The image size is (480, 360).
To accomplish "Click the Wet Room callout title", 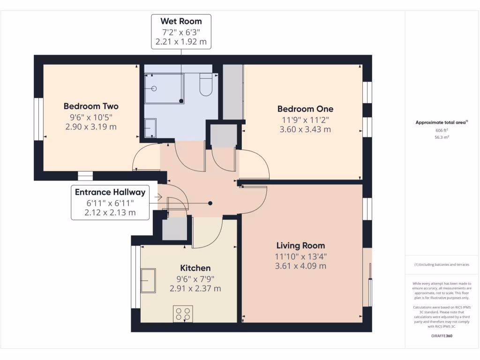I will tap(181, 21).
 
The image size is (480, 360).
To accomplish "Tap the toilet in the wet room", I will tap(206, 85).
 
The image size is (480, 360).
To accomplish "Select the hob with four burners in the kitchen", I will tap(183, 314).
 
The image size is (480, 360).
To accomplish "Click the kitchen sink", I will tap(149, 280).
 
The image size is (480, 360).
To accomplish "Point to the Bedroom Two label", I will tap(91, 106).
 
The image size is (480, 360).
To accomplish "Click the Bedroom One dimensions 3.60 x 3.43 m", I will tap(305, 129).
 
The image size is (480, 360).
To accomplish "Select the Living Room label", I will tap(300, 246).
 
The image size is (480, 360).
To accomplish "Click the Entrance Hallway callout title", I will tap(110, 192).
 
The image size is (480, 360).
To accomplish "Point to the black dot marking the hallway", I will tap(210, 203).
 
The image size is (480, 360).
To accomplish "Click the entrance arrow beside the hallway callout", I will tap(157, 198).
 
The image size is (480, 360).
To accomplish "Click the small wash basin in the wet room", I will tap(150, 128).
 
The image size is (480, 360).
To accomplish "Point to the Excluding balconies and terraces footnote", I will tap(442, 265).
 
